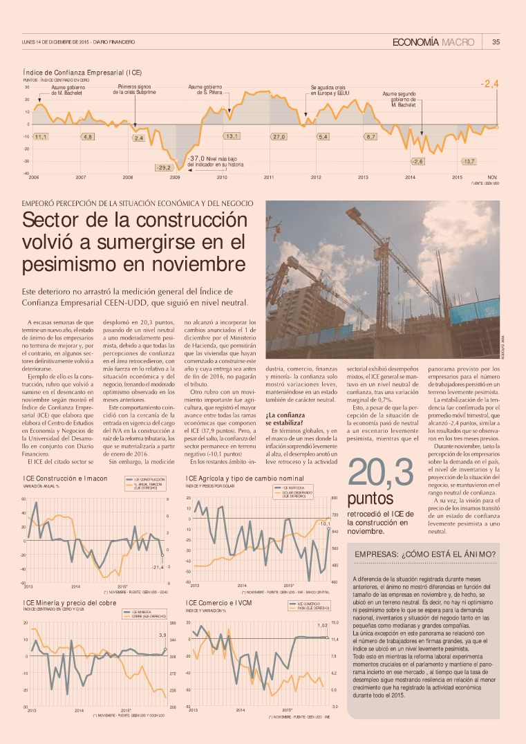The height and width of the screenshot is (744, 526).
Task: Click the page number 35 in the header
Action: [496, 42]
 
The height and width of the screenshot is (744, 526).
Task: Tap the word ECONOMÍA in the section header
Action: [415, 42]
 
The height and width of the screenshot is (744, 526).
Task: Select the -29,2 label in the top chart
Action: [164, 167]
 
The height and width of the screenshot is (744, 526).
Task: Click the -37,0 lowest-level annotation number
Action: [196, 158]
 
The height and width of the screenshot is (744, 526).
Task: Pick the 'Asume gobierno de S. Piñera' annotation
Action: [205, 89]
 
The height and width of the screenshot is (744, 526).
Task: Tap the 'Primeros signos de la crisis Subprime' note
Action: [135, 89]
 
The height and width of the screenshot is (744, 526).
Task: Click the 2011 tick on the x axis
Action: [269, 178]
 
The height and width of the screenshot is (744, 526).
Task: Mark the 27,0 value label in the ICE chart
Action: [279, 136]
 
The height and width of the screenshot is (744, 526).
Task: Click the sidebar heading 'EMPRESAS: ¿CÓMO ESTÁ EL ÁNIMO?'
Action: [424, 555]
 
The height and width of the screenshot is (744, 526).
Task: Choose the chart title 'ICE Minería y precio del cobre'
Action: [68, 603]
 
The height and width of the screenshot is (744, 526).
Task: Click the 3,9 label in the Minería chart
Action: [163, 635]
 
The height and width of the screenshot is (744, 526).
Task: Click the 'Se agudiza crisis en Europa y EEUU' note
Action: [332, 89]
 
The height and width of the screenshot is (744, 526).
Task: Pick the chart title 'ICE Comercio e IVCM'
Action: [218, 603]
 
